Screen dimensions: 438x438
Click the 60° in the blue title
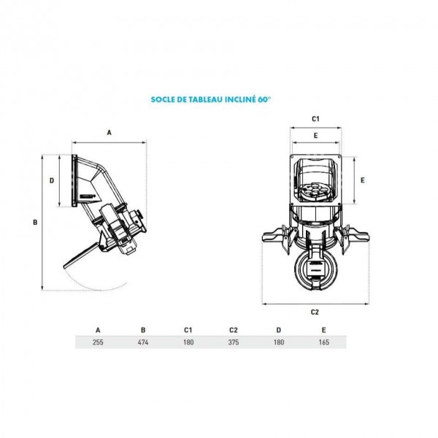pos(264,99)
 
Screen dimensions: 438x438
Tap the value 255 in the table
pos(98,342)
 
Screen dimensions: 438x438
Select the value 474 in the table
pos(143,342)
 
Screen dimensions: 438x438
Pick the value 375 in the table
pos(234,342)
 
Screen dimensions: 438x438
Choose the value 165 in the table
pos(323,342)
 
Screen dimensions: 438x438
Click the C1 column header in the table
pos(188,330)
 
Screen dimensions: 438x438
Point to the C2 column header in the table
pos(234,330)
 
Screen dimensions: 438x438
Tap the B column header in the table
pos(143,330)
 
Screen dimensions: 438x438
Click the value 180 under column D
pos(279,342)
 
